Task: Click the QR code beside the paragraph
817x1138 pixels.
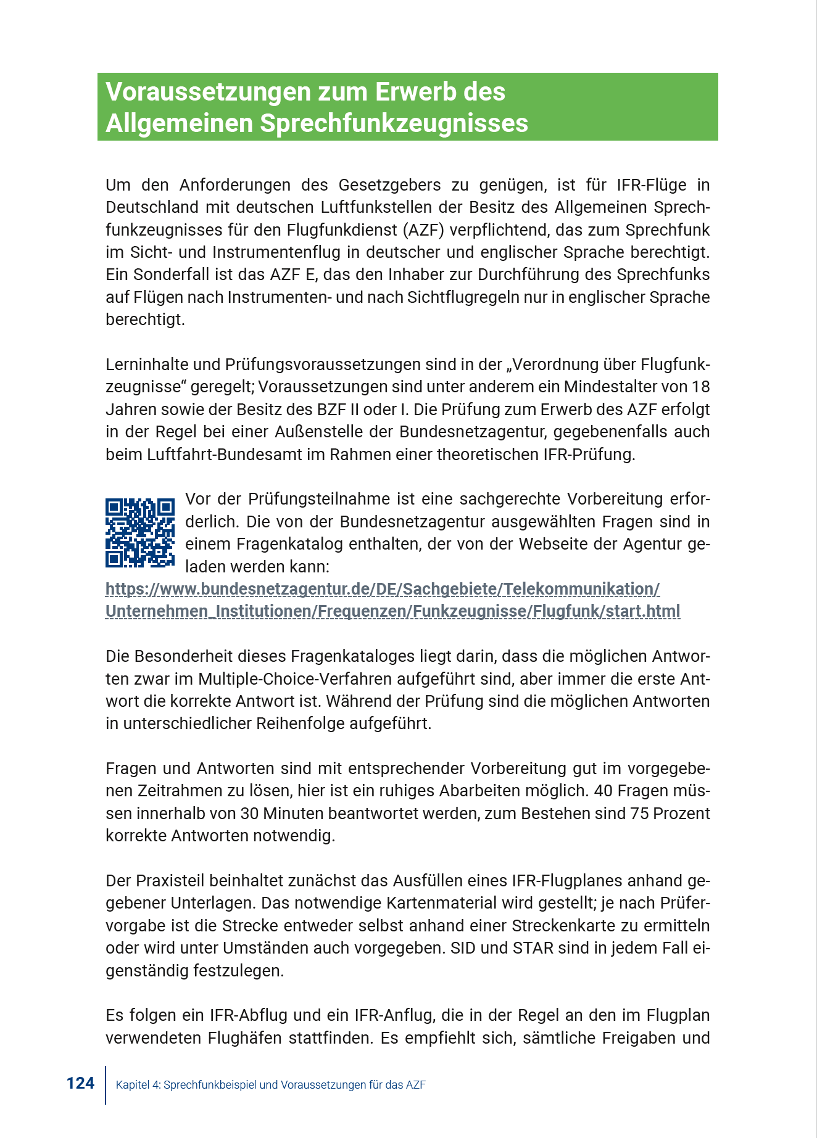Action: [x=140, y=533]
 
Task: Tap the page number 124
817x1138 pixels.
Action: [x=80, y=1084]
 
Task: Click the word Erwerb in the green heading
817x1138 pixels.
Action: [x=418, y=92]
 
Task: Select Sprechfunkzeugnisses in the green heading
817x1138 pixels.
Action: [x=394, y=123]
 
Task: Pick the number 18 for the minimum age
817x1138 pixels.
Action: [x=700, y=387]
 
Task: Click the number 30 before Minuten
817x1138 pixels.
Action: [x=249, y=814]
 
